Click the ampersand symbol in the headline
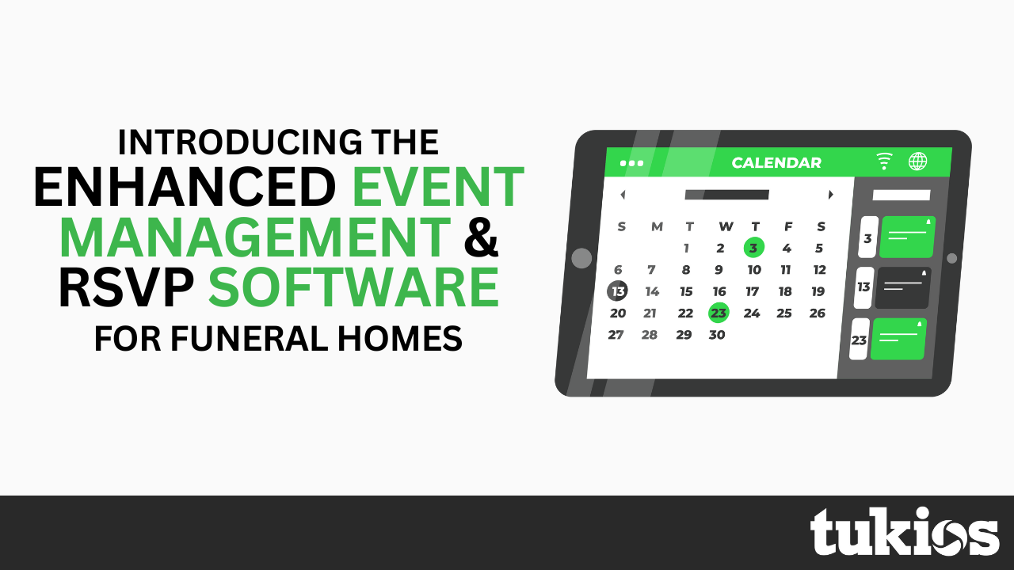click(481, 238)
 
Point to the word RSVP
click(127, 289)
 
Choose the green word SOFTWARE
click(353, 289)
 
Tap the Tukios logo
click(904, 532)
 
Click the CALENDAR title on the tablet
click(776, 163)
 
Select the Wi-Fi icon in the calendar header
click(884, 161)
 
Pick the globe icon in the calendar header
click(917, 161)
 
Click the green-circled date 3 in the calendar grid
click(753, 248)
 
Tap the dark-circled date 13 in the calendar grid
click(618, 291)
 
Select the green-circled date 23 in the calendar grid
click(719, 313)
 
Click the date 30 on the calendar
click(717, 335)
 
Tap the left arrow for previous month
click(623, 195)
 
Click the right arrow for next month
click(830, 195)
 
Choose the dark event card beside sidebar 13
click(902, 287)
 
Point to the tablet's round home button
click(581, 258)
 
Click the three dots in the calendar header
click(632, 163)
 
